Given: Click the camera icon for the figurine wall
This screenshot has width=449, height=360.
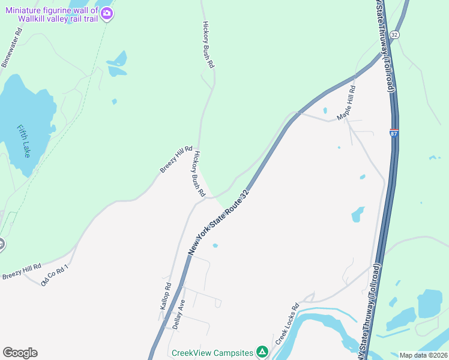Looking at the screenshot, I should [x=107, y=13].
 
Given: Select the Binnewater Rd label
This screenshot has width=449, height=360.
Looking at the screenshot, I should [x=11, y=48].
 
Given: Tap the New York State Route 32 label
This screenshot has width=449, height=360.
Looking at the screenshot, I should [x=218, y=223].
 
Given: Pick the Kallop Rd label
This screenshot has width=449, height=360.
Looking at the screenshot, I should [x=166, y=296].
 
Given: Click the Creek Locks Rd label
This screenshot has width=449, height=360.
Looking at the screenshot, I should [x=287, y=323].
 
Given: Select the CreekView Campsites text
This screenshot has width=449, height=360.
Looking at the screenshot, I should [x=212, y=352].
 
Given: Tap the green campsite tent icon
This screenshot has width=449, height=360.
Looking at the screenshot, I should [x=262, y=352].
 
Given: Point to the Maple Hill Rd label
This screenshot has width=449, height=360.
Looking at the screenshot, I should [x=346, y=103].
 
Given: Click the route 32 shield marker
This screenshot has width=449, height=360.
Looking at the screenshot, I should [x=394, y=35].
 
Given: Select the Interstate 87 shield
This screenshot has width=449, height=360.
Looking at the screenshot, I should [x=394, y=133].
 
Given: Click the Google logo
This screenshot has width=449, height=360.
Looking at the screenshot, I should [x=20, y=353].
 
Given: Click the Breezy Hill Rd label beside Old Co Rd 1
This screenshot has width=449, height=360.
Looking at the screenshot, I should [x=22, y=271].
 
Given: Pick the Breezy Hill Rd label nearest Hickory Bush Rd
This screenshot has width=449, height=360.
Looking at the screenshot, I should [x=176, y=160].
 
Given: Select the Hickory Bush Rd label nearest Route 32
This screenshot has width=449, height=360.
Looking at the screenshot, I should [x=199, y=174].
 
